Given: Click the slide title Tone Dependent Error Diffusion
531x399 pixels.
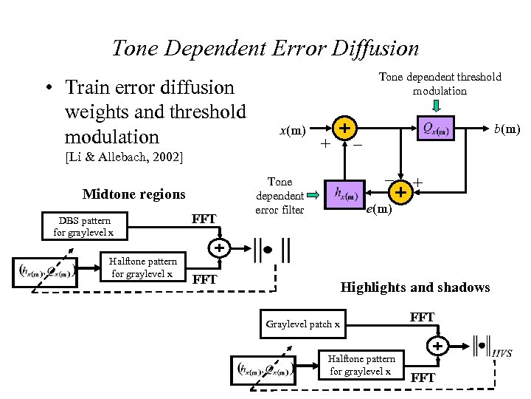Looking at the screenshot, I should coord(265,48).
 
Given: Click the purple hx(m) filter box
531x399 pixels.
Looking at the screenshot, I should coord(346,195).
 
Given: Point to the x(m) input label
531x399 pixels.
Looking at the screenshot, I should coord(292,131).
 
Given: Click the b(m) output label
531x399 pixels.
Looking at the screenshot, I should coord(507,129).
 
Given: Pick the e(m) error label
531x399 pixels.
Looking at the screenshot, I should coord(380,210).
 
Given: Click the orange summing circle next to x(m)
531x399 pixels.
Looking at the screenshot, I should coord(343,129).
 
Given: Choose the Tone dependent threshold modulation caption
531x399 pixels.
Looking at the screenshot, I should coord(440,83).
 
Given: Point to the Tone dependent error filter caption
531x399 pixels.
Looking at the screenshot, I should coord(280,196).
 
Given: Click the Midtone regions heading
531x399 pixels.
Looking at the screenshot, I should coord(134,194).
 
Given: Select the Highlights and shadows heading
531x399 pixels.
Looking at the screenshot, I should coord(414,287).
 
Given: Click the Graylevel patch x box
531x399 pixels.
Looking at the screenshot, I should coord(303,324).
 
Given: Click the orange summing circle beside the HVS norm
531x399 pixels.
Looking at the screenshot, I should coord(438,345).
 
